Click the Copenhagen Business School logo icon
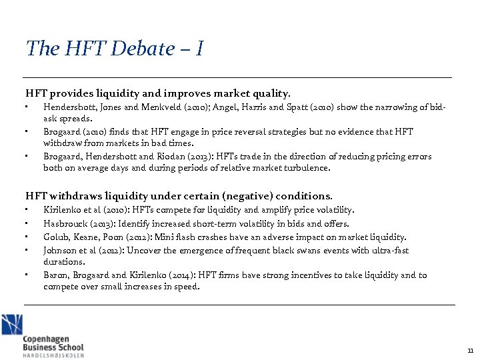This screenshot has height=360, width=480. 11,325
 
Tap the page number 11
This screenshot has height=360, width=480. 469,350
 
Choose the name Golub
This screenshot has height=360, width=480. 55,237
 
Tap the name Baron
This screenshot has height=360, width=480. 55,275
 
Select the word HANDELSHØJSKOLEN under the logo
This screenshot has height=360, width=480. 53,355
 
